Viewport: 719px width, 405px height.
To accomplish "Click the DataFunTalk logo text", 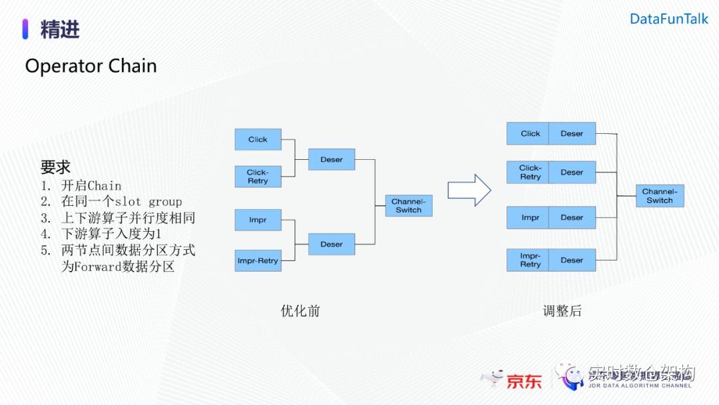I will pyautogui.click(x=669, y=19).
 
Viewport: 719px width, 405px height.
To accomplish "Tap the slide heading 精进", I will pyautogui.click(x=60, y=30).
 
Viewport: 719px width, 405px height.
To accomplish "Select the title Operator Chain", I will pyautogui.click(x=91, y=66).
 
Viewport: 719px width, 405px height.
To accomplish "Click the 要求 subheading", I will pyautogui.click(x=55, y=167).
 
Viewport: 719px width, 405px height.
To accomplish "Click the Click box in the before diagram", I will pyautogui.click(x=258, y=140).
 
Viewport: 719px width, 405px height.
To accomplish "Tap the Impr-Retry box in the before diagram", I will pyautogui.click(x=258, y=260).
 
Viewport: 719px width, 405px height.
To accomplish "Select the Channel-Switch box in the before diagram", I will pyautogui.click(x=409, y=206).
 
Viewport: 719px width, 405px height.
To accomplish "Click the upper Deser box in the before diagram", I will pyautogui.click(x=332, y=160).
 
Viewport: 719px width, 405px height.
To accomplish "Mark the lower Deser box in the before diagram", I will pyautogui.click(x=332, y=244).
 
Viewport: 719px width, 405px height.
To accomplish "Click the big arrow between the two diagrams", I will pyautogui.click(x=469, y=191).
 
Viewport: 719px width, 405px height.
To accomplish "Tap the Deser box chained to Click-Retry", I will pyautogui.click(x=572, y=173).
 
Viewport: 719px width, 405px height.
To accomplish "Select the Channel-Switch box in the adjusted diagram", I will pyautogui.click(x=660, y=196).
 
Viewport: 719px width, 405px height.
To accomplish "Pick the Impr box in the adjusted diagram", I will pyautogui.click(x=530, y=218).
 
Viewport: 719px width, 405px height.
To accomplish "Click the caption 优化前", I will pyautogui.click(x=300, y=311).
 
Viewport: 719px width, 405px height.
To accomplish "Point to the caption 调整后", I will pyautogui.click(x=562, y=311).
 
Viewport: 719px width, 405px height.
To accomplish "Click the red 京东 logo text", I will pyautogui.click(x=524, y=382).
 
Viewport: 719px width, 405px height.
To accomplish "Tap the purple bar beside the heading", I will pyautogui.click(x=25, y=29).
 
